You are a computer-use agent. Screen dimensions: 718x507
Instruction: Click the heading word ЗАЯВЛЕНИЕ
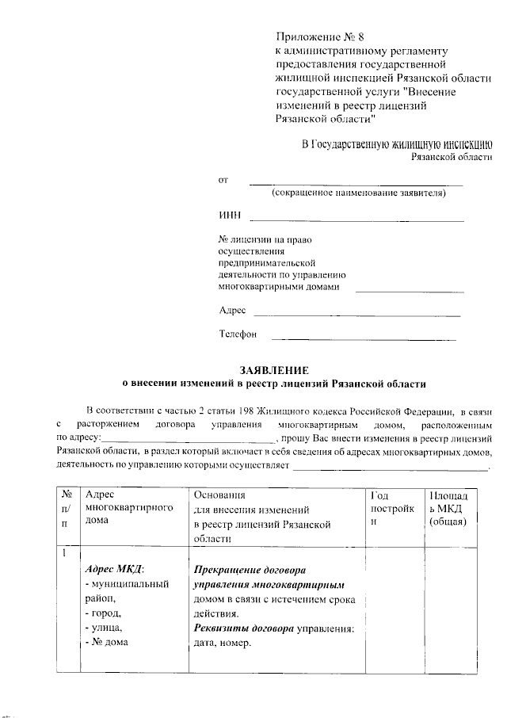click(x=273, y=370)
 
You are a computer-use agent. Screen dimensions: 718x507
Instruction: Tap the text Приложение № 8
click(x=314, y=37)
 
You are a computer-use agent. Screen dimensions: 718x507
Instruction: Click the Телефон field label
click(x=238, y=334)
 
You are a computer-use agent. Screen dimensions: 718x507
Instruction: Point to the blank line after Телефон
click(x=364, y=339)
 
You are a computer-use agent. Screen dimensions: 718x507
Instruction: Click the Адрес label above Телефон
click(x=232, y=310)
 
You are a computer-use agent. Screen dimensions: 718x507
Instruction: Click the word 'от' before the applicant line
click(x=223, y=180)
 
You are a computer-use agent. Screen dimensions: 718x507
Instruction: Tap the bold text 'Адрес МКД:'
click(x=115, y=571)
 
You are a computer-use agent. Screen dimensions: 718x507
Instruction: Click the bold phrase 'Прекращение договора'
click(x=250, y=571)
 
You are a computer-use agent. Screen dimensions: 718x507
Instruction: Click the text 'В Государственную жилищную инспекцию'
click(x=398, y=144)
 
